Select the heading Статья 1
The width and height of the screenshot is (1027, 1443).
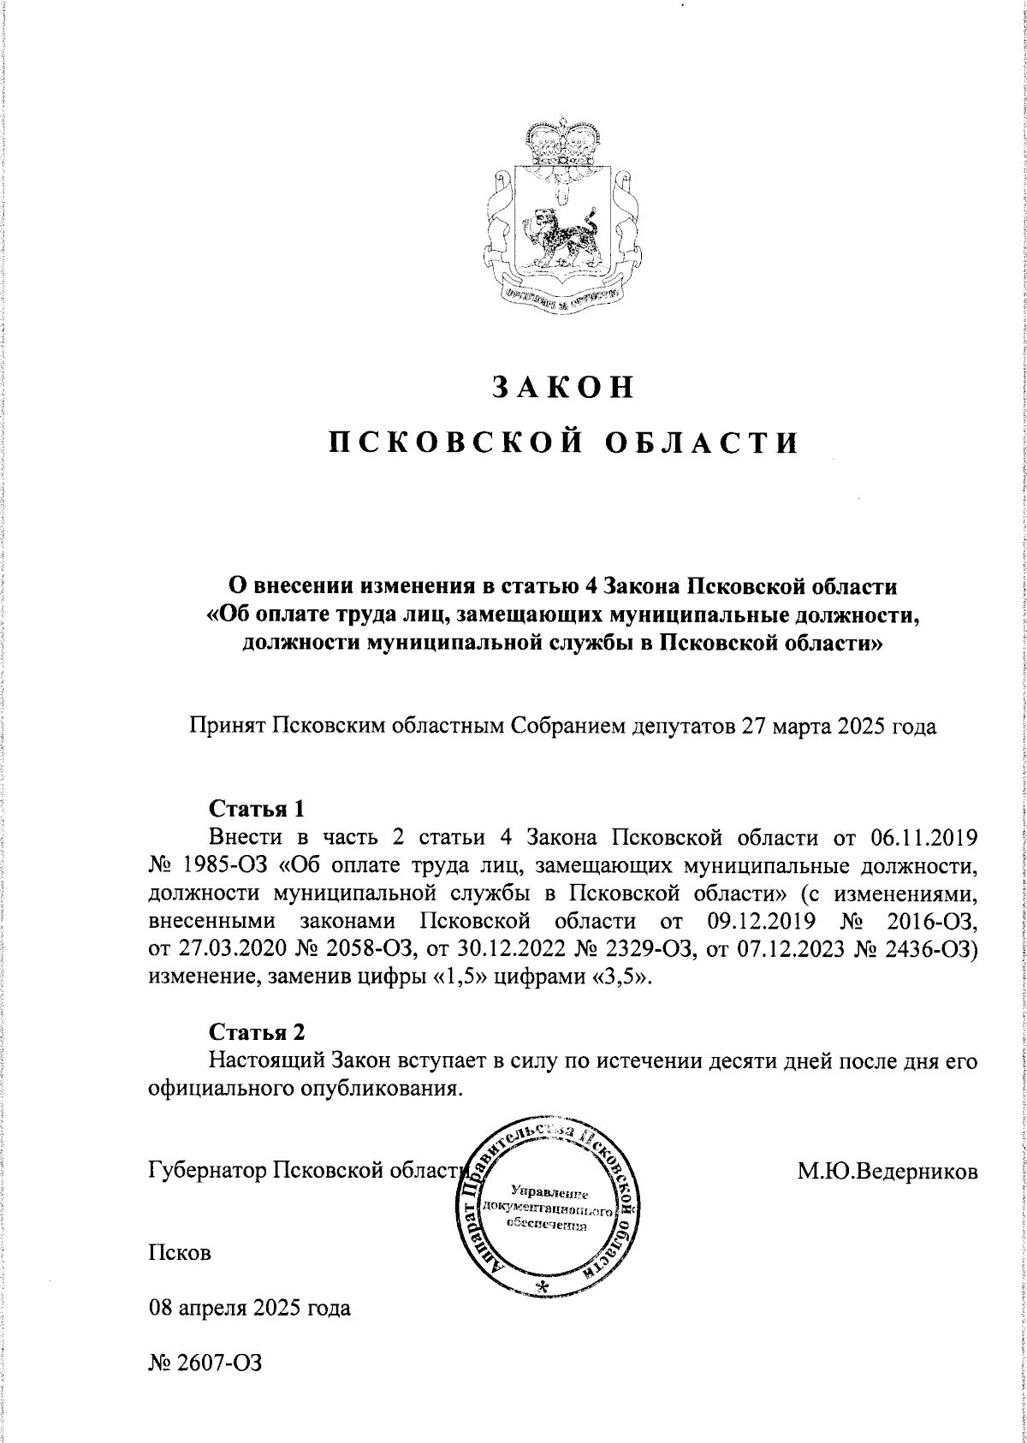point(257,808)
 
